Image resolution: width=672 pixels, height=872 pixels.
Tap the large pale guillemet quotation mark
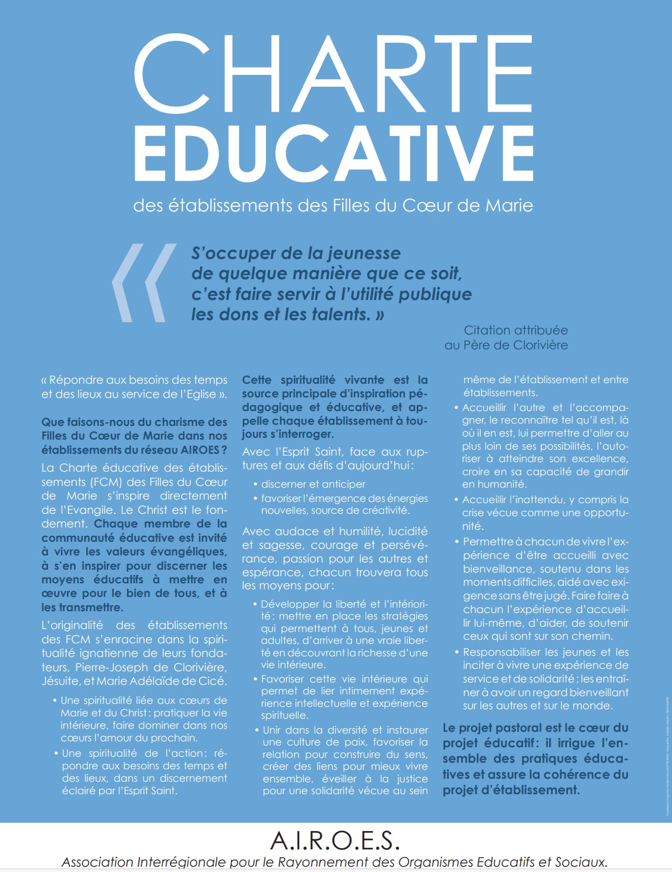coord(143,283)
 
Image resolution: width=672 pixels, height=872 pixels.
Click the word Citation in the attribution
coord(487,330)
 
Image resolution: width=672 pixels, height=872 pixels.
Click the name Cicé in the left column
coord(212,681)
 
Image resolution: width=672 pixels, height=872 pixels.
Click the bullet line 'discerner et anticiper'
coord(313,484)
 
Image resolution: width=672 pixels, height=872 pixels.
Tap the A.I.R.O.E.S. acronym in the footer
coord(335,841)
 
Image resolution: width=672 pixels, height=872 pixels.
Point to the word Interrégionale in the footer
coord(181,862)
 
